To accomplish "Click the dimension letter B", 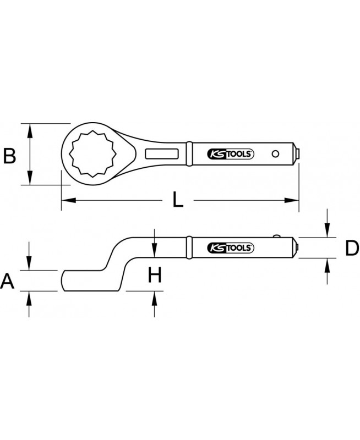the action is [x=9, y=156].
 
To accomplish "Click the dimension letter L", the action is [x=178, y=200].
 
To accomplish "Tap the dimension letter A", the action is [x=7, y=282].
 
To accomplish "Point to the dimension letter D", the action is [x=352, y=248].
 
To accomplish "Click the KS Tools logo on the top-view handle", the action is [x=231, y=154].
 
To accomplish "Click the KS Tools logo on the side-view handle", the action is [x=231, y=248].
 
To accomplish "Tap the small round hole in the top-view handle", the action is [x=275, y=153].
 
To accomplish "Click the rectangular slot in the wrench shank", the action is [x=162, y=154].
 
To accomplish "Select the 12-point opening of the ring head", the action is [x=92, y=154].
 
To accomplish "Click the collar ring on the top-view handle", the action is [x=189, y=153].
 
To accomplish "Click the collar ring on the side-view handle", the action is [x=189, y=248].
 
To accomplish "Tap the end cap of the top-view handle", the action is [x=297, y=154].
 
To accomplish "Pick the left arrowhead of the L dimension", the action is [x=68, y=200].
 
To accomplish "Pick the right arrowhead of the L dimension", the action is [x=292, y=200].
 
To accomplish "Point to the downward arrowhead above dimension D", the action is [x=327, y=230].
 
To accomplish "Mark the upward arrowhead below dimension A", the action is [x=29, y=298].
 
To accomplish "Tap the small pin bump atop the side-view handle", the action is [x=277, y=236].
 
